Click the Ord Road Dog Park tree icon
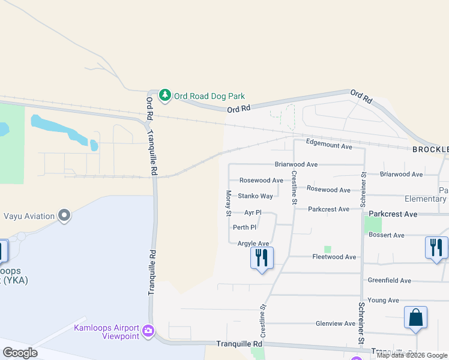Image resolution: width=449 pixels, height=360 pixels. pos(164,95)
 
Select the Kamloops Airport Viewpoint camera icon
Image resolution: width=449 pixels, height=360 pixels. pos(148,331)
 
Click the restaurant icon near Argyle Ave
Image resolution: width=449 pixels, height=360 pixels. pos(262,258)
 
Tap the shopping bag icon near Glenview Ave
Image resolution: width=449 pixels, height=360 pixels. pos(415,318)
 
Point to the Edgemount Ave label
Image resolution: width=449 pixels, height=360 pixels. pos(329,145)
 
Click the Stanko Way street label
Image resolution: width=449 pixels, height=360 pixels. pos(255,196)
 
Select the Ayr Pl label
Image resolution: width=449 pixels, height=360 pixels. pos(253,212)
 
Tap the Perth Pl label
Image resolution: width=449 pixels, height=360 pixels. pos(244,227)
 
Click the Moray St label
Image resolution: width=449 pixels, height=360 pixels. pos(229,203)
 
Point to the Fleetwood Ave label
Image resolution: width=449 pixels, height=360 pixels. pos(334,257)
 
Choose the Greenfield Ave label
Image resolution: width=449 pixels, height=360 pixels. pos(389,280)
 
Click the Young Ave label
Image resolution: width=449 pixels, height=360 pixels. pos(383,300)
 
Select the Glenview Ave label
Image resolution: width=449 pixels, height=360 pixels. pos(336,323)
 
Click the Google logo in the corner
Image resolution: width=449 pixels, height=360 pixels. pos(20,353)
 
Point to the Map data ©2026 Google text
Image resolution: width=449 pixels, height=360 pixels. pos(412,355)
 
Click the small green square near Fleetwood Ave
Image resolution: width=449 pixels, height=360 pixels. pos(327,249)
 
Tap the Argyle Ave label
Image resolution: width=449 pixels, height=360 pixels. pos(253,243)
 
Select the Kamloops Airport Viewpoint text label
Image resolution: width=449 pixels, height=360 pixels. pos(106,332)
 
